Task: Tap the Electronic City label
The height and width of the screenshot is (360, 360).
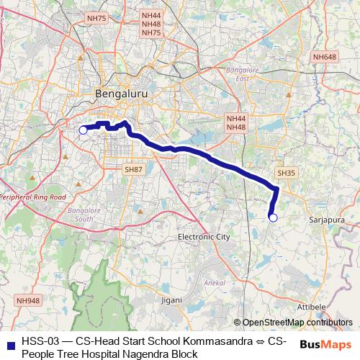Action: (x=204, y=236)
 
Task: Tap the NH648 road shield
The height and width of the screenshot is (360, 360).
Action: (x=325, y=56)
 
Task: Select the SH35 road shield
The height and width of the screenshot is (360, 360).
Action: (x=286, y=173)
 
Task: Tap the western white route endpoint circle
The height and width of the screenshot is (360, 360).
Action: (x=83, y=130)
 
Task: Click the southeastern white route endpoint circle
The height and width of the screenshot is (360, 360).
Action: (x=273, y=217)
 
